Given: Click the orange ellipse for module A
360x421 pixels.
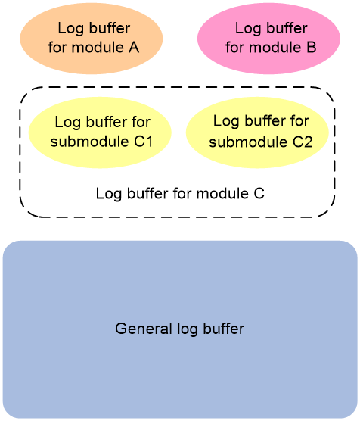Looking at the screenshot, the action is pyautogui.click(x=92, y=39).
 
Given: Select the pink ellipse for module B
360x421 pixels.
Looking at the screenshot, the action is pyautogui.click(x=268, y=39).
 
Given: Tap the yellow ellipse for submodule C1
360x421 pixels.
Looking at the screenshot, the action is pyautogui.click(x=100, y=133).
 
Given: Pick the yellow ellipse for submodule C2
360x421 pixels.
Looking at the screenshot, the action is pyautogui.click(x=257, y=133).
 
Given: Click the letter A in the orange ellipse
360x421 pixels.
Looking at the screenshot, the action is pyautogui.click(x=134, y=48).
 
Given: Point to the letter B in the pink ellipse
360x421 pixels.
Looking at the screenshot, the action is pyautogui.click(x=312, y=48).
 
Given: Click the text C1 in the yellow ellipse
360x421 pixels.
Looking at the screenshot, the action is pyautogui.click(x=144, y=142).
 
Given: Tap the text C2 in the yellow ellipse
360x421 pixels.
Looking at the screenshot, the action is pyautogui.click(x=303, y=142).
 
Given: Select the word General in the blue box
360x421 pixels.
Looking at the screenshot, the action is pyautogui.click(x=144, y=329).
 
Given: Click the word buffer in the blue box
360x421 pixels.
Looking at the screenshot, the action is pyautogui.click(x=223, y=329).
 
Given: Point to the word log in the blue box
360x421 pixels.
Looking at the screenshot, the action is pyautogui.click(x=188, y=329).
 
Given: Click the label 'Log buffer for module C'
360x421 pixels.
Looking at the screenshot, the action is pyautogui.click(x=180, y=194).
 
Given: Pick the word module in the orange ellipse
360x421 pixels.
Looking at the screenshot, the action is pyautogui.click(x=98, y=48).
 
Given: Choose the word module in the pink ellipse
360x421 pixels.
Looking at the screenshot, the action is pyautogui.click(x=275, y=48).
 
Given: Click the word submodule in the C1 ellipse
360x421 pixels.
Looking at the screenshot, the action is pyautogui.click(x=89, y=142).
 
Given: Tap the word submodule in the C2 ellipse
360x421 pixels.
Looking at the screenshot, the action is pyautogui.click(x=248, y=142).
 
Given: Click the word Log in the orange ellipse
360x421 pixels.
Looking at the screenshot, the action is pyautogui.click(x=71, y=29).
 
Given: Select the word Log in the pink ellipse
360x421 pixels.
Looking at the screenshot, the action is pyautogui.click(x=248, y=29).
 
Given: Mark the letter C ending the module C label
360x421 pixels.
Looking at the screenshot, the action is pyautogui.click(x=259, y=193).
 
